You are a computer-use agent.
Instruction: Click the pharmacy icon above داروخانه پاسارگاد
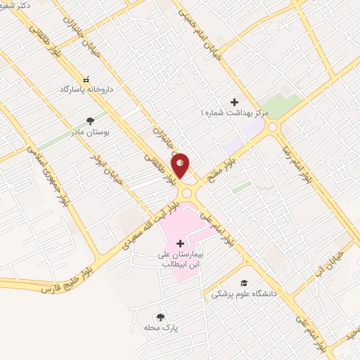pos(86,80)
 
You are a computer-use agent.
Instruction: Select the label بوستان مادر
pos(87,131)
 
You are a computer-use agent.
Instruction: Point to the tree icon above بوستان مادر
pos(89,120)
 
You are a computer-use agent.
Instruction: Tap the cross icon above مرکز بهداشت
pos(234,102)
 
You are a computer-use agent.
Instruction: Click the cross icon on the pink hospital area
pos(181,243)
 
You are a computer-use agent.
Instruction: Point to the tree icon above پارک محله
pos(161,317)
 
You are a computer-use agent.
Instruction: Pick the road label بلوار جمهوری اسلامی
pos(46,172)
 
